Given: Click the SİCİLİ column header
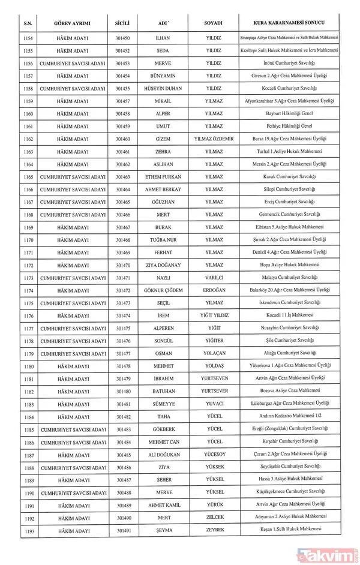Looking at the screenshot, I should tap(124, 23).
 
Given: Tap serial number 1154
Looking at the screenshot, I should tap(28, 38).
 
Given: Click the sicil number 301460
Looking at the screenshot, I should tap(124, 139).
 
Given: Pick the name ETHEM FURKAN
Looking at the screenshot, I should tap(163, 177).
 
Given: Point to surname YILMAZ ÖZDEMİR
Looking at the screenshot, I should tap(214, 139).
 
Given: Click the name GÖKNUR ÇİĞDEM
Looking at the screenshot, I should tap(163, 290).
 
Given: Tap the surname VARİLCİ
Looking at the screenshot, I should tap(214, 278).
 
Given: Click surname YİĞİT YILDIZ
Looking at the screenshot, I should tap(214, 315).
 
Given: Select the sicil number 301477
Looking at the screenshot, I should tap(124, 353).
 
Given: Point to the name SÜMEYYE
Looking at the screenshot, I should tap(163, 404).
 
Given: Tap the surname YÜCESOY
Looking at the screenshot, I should tap(214, 454).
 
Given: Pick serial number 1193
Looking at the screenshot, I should tap(28, 530).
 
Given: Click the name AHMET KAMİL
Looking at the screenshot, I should tap(163, 504).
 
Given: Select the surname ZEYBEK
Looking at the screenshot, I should tap(214, 530).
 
